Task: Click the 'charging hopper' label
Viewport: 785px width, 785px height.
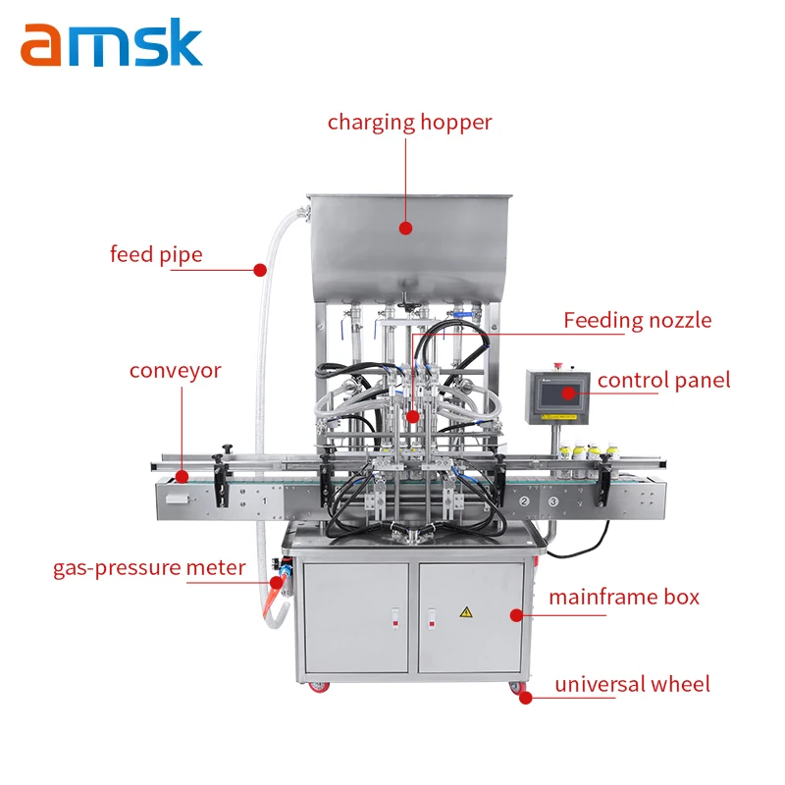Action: click(x=409, y=123)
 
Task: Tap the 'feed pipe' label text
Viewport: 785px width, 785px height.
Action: click(x=156, y=255)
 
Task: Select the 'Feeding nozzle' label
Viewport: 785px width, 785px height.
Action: click(x=637, y=320)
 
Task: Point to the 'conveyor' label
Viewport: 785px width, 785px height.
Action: click(x=176, y=371)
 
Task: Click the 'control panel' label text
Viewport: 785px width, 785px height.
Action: click(x=663, y=380)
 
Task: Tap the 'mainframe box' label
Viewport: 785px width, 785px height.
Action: click(x=623, y=597)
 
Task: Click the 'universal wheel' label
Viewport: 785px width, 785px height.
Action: click(x=632, y=684)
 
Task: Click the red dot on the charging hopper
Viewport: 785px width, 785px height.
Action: click(x=406, y=227)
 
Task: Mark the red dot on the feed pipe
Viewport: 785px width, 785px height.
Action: click(x=260, y=269)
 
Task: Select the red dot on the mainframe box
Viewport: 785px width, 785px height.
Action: click(x=517, y=615)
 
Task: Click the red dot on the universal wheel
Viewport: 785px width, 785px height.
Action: click(x=526, y=698)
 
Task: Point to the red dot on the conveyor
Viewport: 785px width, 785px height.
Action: click(x=182, y=478)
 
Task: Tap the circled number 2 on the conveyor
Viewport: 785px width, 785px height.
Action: click(x=525, y=502)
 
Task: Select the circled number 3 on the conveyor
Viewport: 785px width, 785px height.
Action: click(x=553, y=502)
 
